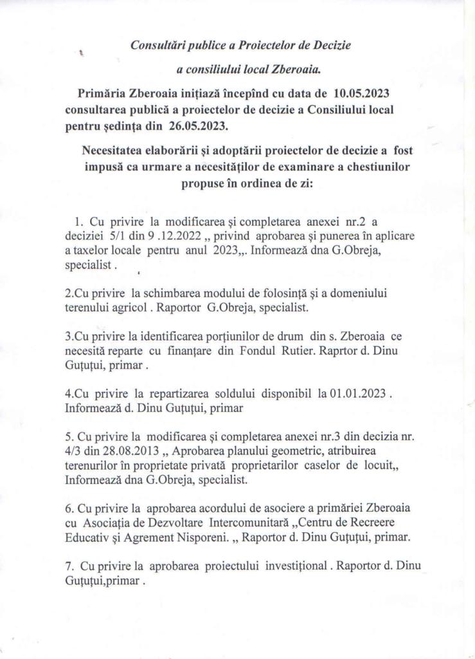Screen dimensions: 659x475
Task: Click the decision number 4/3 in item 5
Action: pyautogui.click(x=73, y=451)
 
